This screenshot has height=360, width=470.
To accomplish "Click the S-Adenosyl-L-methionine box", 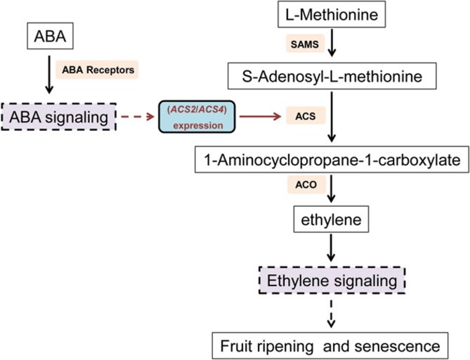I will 333,77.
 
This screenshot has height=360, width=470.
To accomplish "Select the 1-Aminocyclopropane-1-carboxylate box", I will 332,161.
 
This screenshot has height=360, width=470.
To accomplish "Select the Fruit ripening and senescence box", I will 332,346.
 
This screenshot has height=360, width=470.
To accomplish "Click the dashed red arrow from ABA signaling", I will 137,118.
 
